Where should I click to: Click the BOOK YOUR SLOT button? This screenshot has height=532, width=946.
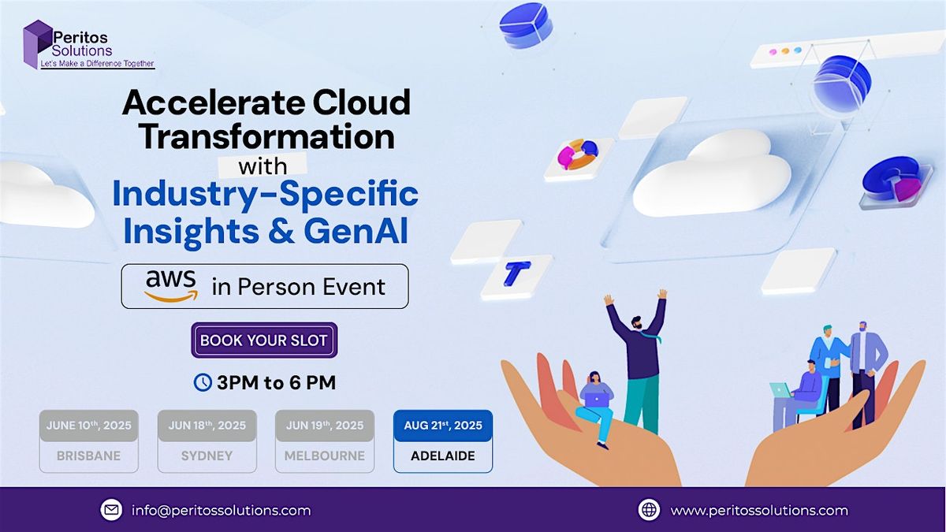point(264,340)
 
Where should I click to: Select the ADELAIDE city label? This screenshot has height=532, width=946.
point(442,456)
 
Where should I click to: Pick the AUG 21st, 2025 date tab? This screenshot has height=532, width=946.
point(442,426)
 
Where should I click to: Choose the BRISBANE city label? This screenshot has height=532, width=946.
point(88,456)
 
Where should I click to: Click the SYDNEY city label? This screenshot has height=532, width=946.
point(207,456)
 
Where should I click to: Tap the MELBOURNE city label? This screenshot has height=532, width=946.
point(325,456)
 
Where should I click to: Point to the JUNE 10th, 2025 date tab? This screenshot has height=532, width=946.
point(88,426)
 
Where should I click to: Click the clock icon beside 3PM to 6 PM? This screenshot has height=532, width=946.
point(203,382)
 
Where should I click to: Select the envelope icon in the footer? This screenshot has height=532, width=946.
point(111,510)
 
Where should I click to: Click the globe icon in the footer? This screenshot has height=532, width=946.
point(649,510)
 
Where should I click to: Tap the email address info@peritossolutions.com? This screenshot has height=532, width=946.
point(220,510)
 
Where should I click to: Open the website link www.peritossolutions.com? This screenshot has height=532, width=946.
point(758,510)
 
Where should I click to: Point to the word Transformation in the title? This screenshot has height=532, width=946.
point(266,136)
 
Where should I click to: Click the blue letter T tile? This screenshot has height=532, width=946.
point(516,273)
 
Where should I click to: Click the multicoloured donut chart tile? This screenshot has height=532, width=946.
point(578,155)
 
